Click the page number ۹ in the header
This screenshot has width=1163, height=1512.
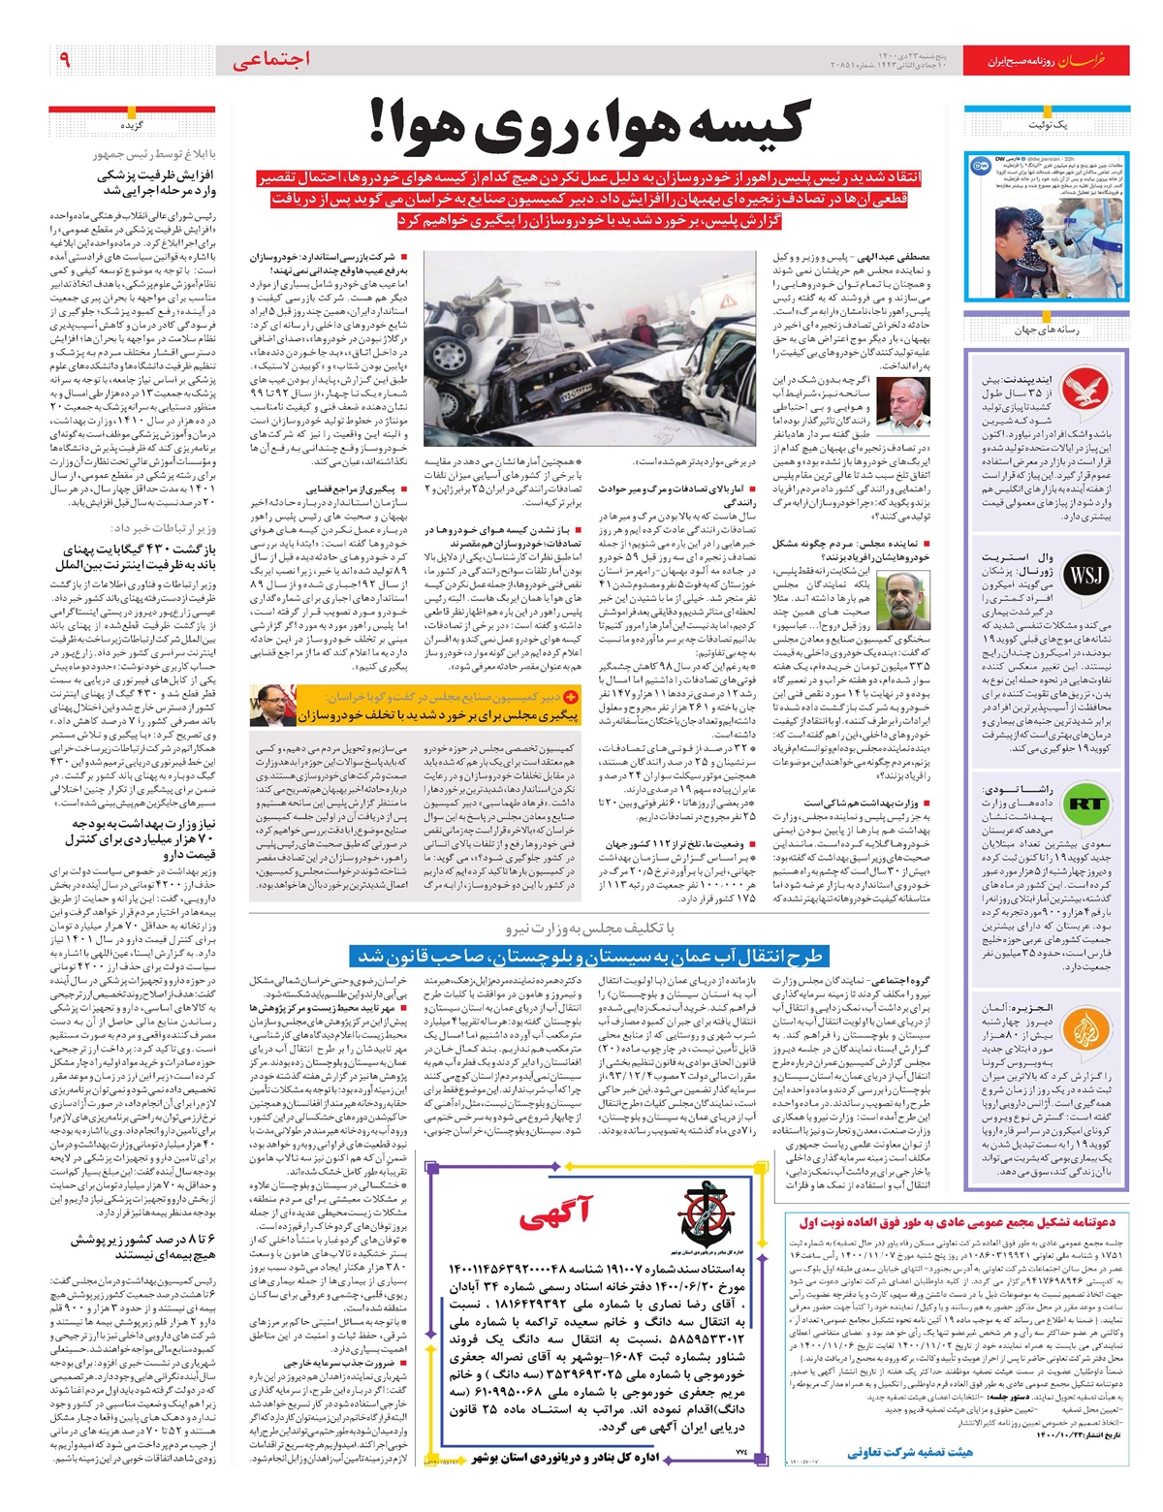click(x=64, y=60)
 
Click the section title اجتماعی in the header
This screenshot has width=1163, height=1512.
click(x=271, y=60)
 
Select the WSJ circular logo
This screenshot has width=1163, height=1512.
click(x=1085, y=576)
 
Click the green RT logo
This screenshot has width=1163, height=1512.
click(x=1085, y=803)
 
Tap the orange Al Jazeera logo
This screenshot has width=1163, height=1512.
click(x=1085, y=1030)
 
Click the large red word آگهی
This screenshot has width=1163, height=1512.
click(x=554, y=1213)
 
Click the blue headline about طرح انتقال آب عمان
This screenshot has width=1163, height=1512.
click(x=591, y=957)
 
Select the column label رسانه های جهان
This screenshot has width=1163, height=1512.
click(x=1048, y=330)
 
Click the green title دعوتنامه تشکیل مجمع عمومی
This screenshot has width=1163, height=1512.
click(x=958, y=1222)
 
